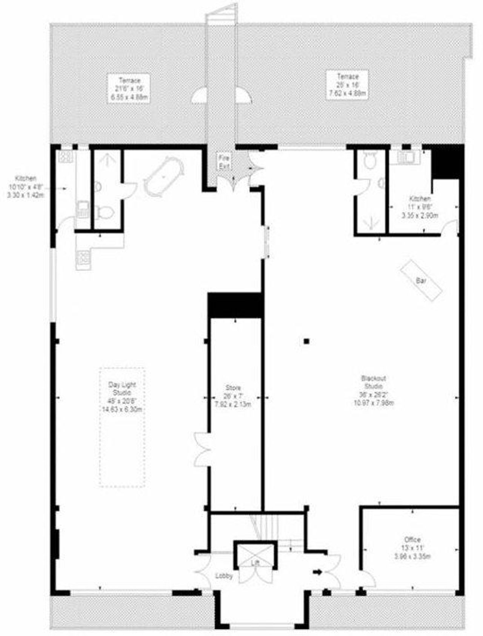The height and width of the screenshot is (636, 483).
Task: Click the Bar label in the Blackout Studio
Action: pos(421,281)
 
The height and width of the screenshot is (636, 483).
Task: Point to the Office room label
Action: pos(412,539)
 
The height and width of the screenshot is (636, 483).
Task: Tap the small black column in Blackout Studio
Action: pos(306,341)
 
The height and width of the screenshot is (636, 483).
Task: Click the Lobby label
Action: pos(224,576)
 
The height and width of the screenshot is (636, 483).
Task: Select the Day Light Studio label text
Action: pos(122,388)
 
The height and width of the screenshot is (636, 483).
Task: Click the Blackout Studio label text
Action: pos(373,382)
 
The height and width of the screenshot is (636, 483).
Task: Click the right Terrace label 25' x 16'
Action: pos(347,85)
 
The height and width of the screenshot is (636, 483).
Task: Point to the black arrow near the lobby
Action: pos(317,572)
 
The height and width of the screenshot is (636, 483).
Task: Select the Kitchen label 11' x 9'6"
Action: pos(420,207)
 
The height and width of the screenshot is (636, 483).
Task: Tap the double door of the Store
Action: pos(201,449)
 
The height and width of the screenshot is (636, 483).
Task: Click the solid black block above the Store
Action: pos(235,305)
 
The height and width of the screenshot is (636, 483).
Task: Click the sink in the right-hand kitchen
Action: pos(407,157)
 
